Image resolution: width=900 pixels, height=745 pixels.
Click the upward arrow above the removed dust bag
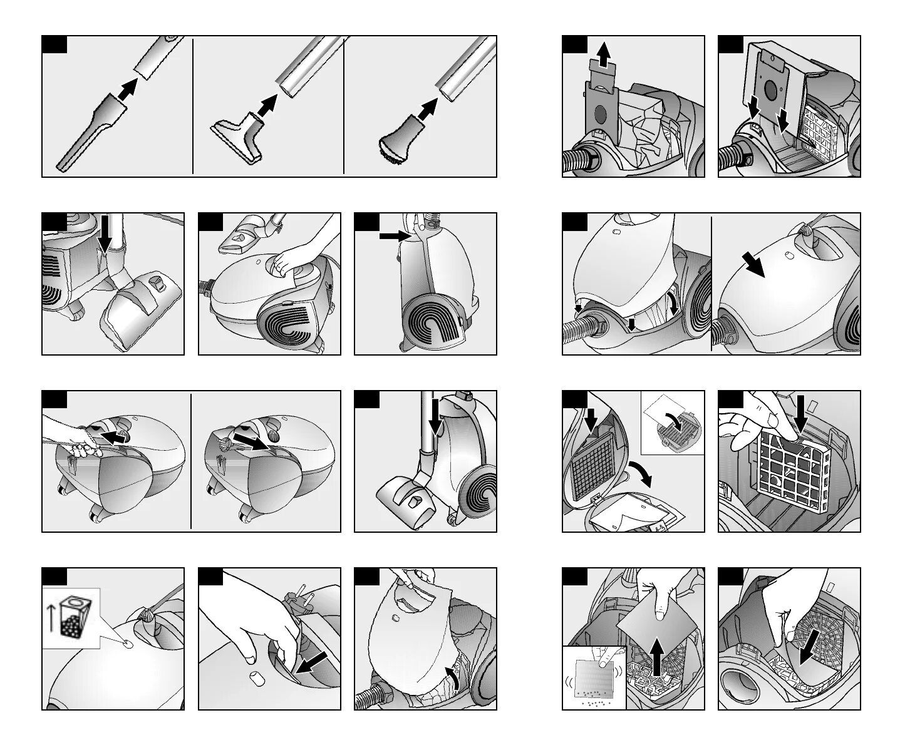[603, 55]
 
